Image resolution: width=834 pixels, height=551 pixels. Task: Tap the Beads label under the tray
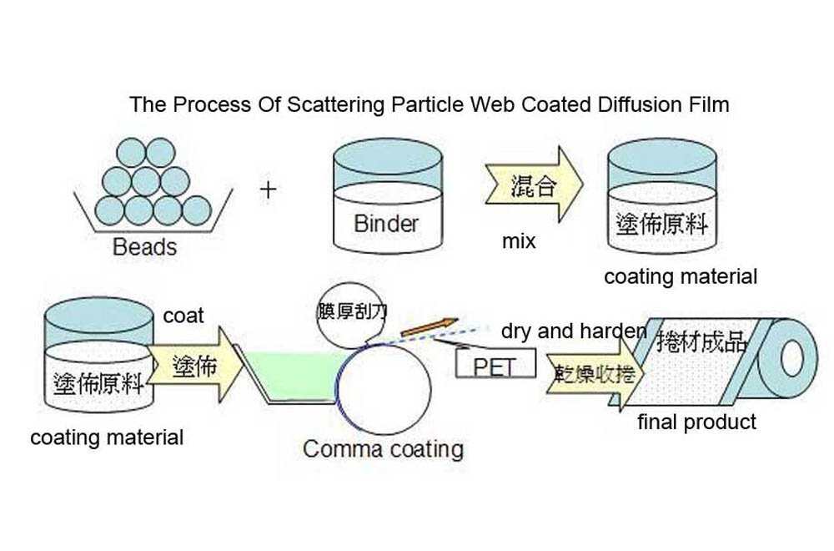(144, 247)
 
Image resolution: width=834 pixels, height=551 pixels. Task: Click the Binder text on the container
(386, 223)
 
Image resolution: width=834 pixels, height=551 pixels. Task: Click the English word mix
(519, 242)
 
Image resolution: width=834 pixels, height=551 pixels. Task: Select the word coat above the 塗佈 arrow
(183, 316)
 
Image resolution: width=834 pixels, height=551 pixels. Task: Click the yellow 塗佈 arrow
(193, 366)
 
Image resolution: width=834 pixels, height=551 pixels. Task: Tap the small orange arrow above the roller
(429, 326)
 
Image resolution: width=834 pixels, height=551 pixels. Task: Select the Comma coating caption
(383, 449)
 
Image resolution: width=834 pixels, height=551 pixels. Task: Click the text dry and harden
(574, 331)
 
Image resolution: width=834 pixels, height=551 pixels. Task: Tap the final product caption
(696, 422)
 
